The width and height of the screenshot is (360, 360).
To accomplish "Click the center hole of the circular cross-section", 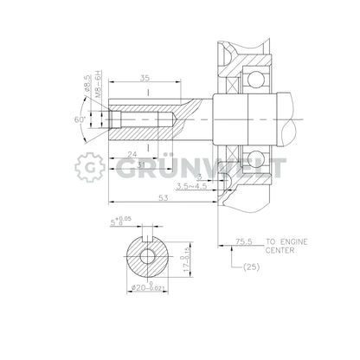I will [150, 257].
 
